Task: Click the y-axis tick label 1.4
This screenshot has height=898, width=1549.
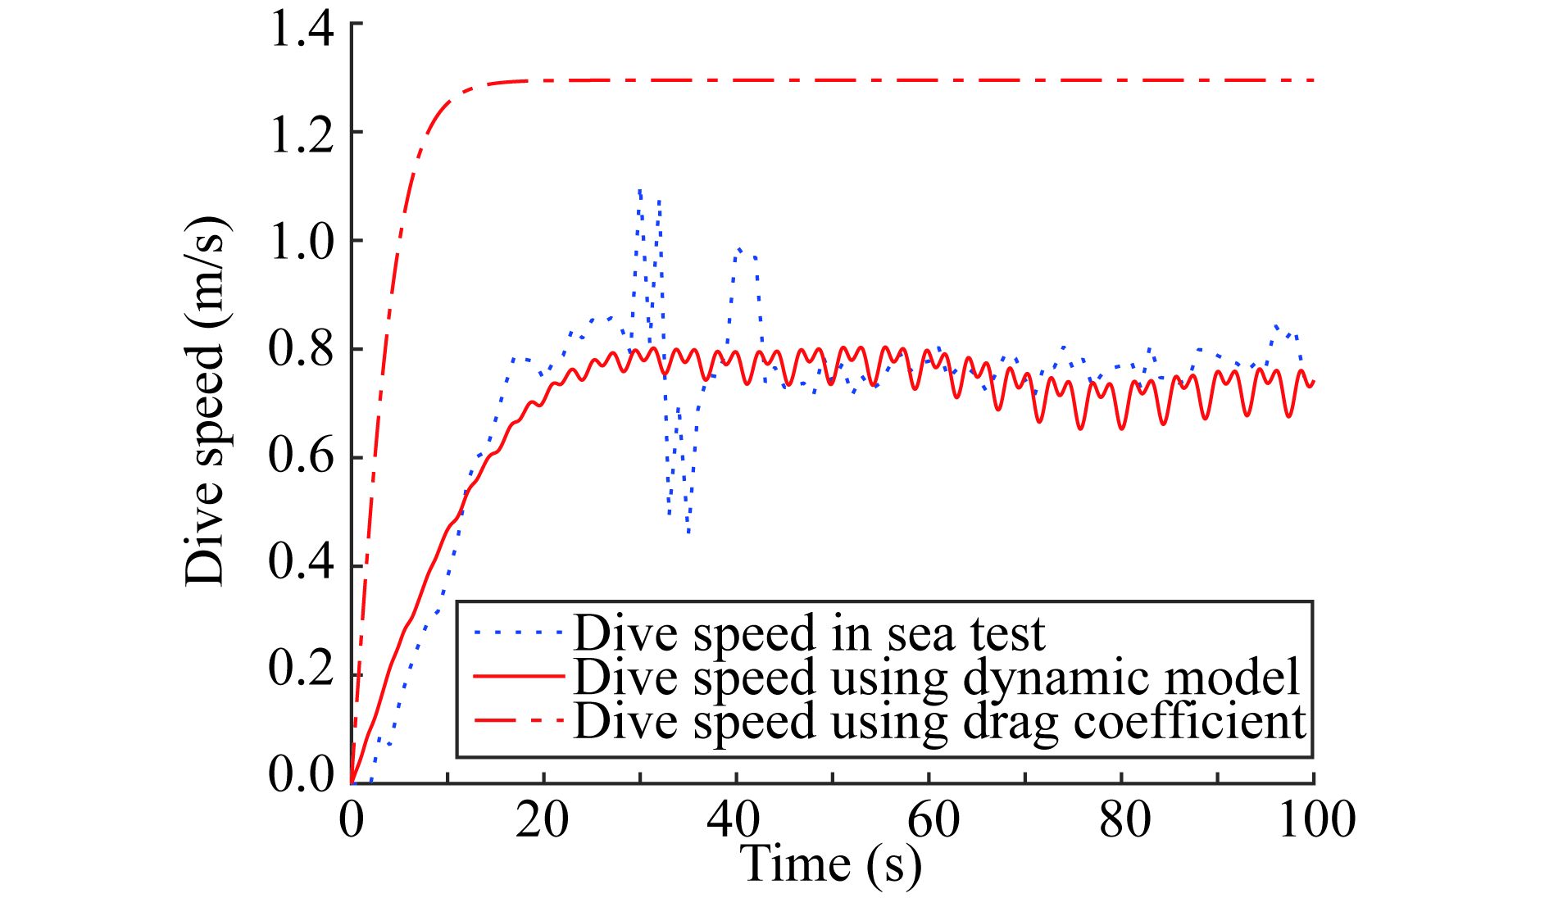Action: coord(301,31)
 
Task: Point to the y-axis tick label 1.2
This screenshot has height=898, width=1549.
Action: coord(301,134)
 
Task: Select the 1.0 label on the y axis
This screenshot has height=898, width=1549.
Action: coord(301,242)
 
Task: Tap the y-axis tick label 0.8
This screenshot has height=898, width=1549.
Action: coord(301,349)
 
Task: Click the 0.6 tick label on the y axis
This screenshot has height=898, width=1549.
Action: coord(301,457)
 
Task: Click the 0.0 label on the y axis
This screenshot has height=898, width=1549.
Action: coord(301,774)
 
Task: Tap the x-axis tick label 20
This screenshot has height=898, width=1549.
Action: coord(542,819)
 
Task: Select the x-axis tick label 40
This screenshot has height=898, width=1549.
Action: coord(734,819)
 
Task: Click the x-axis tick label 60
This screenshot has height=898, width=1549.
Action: coord(933,819)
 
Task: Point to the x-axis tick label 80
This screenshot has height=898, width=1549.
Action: coord(1124,819)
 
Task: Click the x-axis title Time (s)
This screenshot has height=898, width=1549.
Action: coord(830,864)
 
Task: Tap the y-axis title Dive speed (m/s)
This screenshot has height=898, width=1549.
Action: coord(205,401)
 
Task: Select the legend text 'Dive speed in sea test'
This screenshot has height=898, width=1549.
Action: coord(809,633)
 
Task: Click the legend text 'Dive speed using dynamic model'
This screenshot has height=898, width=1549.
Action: coord(937,677)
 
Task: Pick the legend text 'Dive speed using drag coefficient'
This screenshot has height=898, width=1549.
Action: coord(939,721)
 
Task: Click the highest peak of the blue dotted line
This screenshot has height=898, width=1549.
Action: coord(639,190)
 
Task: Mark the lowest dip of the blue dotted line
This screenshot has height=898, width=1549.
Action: coord(688,533)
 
